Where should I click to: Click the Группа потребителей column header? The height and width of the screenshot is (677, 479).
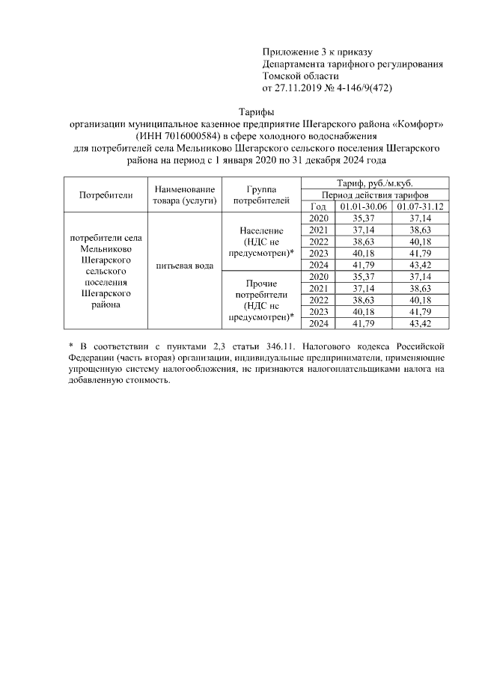coord(261,195)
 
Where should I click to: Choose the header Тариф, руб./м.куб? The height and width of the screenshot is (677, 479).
coord(375,183)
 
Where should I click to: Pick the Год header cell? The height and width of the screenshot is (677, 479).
coord(318,206)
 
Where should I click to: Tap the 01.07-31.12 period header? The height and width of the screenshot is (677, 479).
coord(420,206)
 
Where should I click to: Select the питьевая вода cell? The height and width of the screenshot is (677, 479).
coord(185,266)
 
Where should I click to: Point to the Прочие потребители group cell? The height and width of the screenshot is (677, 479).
coord(261,300)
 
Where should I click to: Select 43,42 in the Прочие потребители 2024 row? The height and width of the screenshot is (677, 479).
coord(420,323)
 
